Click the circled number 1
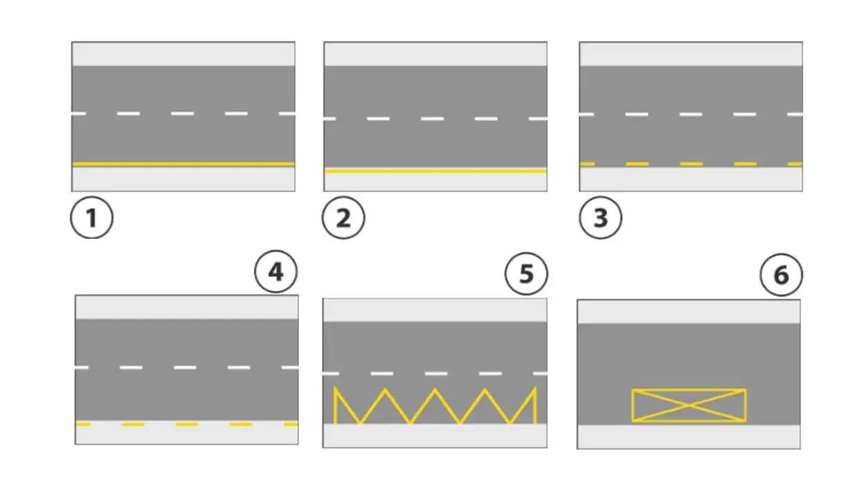(x=91, y=218)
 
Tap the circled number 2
(x=343, y=218)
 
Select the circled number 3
(x=600, y=218)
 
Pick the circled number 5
(x=527, y=274)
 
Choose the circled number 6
(x=780, y=276)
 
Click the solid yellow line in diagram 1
(x=183, y=164)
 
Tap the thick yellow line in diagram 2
(x=435, y=170)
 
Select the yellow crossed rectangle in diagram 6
(x=689, y=396)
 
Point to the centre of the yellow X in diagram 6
(x=689, y=405)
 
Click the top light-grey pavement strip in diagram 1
(x=183, y=54)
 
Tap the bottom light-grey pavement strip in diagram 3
(x=691, y=179)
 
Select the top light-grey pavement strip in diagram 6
(x=689, y=312)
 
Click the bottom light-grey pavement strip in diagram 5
(x=435, y=435)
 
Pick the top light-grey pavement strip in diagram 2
(x=435, y=54)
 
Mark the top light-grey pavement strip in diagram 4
(x=186, y=307)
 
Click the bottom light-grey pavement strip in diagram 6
(x=689, y=437)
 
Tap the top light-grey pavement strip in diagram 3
(x=691, y=54)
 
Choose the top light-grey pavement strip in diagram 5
(x=435, y=310)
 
